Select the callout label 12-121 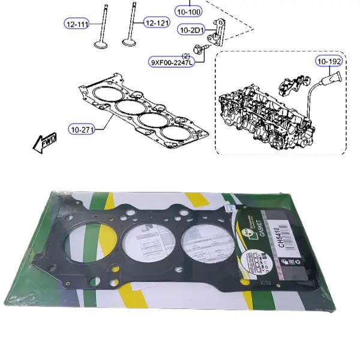point(155,23)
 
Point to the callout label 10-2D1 point(191,29)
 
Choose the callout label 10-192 point(329,61)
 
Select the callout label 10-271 point(82,128)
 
